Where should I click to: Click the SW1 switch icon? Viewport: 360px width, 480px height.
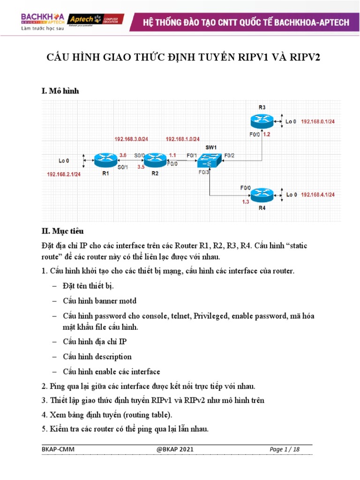tap(209, 161)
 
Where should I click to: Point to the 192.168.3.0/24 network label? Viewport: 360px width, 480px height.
tap(131, 139)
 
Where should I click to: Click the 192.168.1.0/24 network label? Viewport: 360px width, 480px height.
tap(182, 139)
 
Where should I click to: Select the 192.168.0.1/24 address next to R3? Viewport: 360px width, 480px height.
tap(321, 121)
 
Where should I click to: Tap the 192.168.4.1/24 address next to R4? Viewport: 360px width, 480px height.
tap(321, 195)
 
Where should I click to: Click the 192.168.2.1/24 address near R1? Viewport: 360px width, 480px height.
tap(64, 174)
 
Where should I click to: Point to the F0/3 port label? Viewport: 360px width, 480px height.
tap(203, 172)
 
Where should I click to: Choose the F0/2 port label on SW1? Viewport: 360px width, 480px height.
tap(229, 155)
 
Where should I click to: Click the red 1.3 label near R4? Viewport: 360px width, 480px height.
tap(245, 202)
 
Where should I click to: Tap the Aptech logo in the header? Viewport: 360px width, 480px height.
tap(96, 19)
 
